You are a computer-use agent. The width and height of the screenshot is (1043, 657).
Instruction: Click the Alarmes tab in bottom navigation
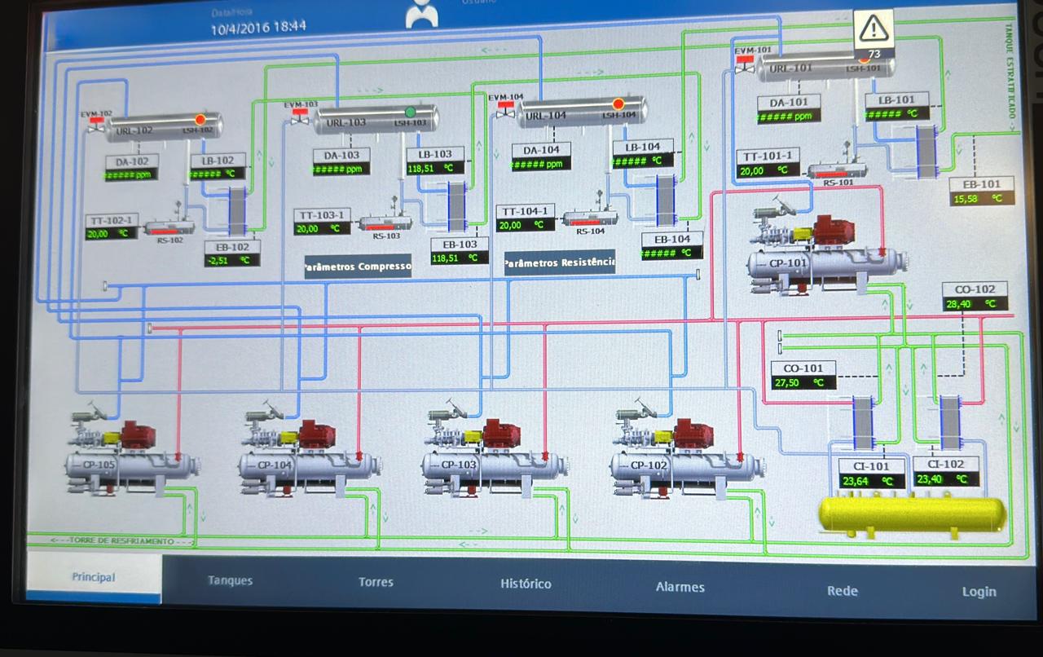680,587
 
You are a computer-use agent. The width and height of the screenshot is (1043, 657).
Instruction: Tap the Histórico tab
526,584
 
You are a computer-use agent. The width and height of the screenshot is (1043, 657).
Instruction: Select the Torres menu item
376,582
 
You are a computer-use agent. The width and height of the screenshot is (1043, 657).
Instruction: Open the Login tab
978,592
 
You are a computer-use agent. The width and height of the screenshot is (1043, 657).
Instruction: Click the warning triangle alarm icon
874,29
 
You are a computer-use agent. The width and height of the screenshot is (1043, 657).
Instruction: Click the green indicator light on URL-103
411,112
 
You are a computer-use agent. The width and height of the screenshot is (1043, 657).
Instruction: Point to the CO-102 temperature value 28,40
975,304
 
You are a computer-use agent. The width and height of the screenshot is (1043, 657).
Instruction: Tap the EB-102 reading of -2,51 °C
232,260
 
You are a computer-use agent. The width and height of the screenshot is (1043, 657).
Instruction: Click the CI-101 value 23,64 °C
871,481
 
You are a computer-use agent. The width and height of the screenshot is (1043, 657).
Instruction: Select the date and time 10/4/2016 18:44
258,27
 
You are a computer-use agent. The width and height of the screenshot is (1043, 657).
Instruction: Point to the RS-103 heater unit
385,223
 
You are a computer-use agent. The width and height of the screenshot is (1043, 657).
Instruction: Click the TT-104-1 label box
526,211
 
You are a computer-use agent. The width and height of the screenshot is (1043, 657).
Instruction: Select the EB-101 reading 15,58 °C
981,198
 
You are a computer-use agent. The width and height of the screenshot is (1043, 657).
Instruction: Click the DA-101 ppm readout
788,117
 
